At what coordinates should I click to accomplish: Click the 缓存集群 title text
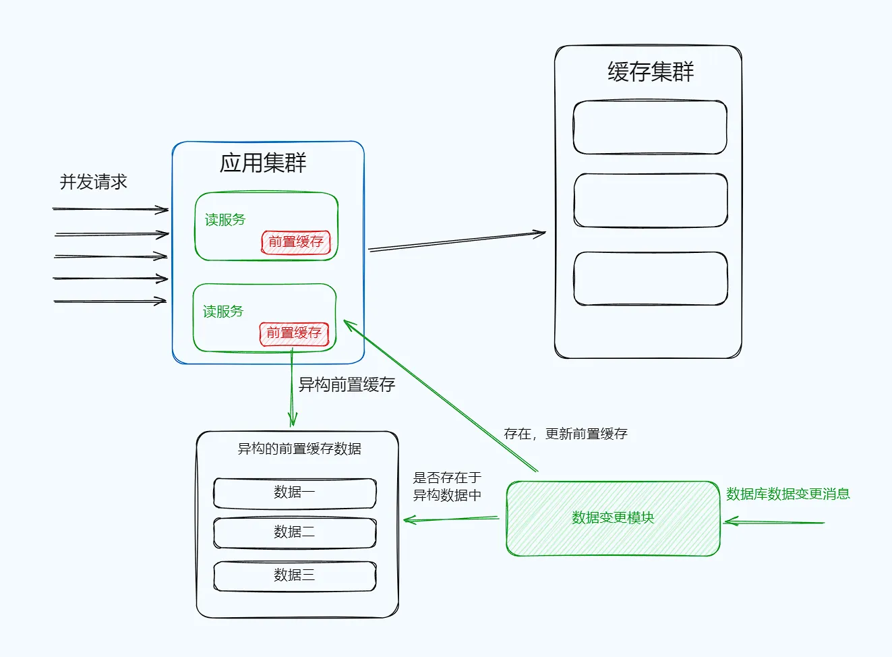650,72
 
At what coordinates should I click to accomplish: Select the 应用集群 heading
263,163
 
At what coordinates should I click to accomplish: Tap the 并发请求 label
93,181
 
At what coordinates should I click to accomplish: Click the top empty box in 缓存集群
650,127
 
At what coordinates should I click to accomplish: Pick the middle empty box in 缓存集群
650,200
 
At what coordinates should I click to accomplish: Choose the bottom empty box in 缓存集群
650,279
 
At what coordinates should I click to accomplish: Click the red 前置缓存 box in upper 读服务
296,242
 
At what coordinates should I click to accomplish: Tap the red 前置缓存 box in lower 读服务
294,333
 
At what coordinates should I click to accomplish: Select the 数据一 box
295,493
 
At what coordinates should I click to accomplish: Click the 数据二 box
295,533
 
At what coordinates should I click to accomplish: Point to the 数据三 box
295,576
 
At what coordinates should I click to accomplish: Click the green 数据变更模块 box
613,518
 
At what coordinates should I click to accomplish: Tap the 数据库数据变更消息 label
787,494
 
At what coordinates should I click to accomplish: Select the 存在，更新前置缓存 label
565,434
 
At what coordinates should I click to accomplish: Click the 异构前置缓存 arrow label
347,384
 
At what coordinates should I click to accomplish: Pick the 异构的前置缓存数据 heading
299,449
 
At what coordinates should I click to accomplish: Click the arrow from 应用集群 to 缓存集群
457,241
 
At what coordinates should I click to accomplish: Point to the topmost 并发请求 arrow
111,209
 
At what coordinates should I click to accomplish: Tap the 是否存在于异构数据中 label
447,486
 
